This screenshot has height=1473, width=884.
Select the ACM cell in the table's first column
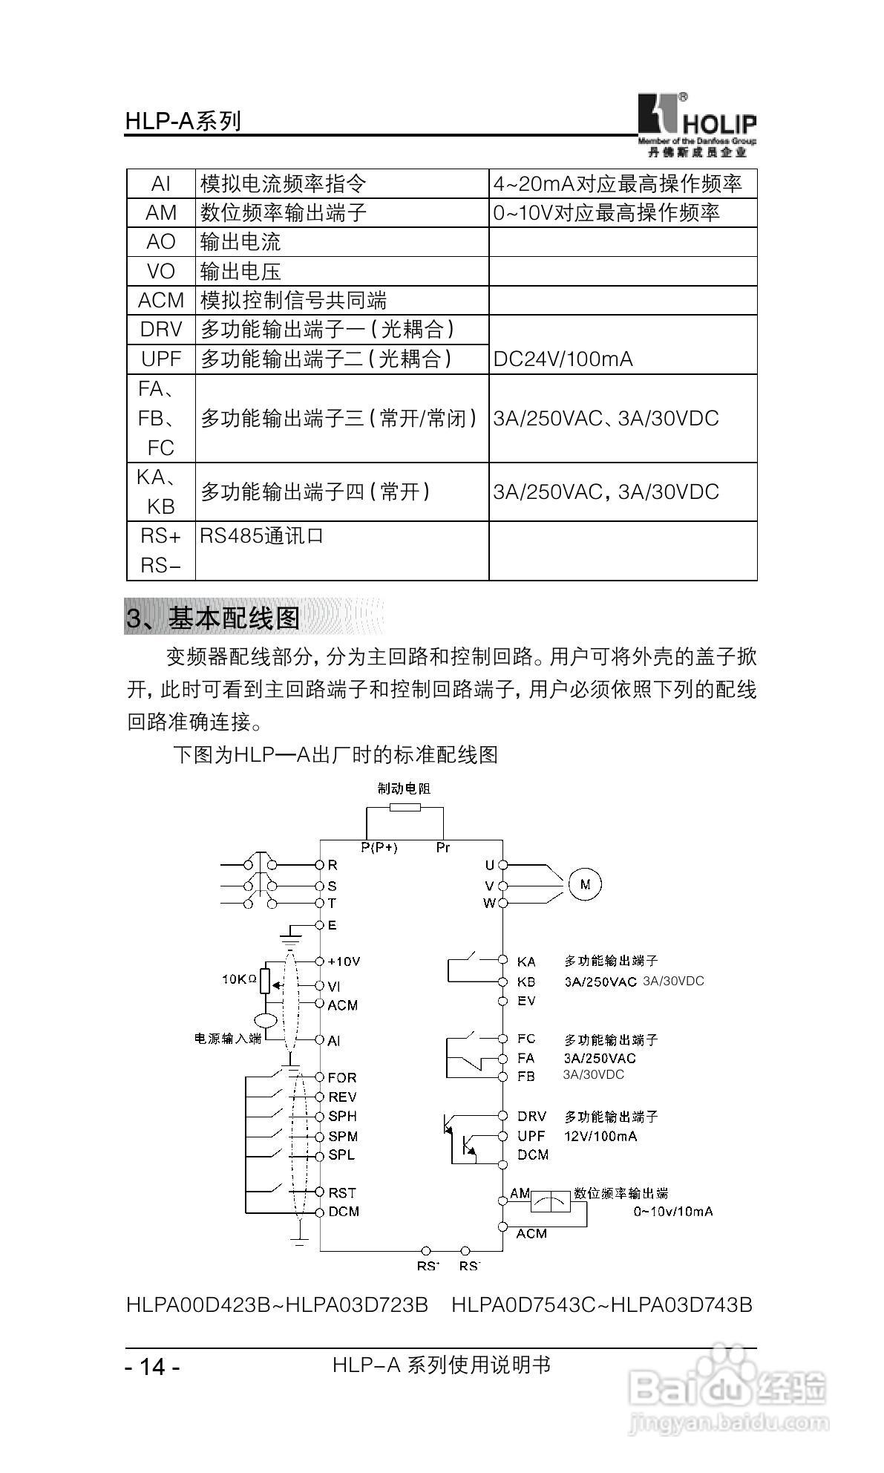pos(160,301)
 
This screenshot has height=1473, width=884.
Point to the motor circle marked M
pos(585,884)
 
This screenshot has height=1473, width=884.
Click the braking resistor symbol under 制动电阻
pos(405,808)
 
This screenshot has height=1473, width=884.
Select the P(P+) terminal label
pos(379,847)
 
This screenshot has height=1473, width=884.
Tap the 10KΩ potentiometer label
pos(239,979)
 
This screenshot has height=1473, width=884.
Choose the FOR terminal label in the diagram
pos(342,1077)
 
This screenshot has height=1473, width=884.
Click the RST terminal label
pos(342,1192)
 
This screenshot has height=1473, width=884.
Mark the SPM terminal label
pos(343,1136)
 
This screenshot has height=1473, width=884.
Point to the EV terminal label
pos(526,1001)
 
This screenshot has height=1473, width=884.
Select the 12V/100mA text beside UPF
pos(600,1136)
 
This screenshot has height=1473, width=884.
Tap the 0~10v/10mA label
pos(672,1211)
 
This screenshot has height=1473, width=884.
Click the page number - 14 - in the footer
pos(152,1367)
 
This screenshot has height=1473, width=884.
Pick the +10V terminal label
pos(343,961)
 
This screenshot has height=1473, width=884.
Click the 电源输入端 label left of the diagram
pos(228,1039)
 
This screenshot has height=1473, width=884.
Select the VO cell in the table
pos(160,272)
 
